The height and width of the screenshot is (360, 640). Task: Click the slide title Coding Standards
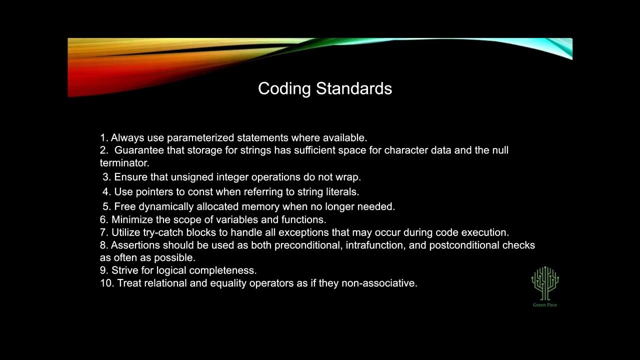coord(324,88)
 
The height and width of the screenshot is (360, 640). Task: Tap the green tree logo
coord(545,282)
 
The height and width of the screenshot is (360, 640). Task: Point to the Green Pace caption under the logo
coord(544,304)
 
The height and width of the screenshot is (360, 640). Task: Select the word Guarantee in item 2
coord(139,150)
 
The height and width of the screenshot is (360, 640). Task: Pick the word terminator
coord(124,163)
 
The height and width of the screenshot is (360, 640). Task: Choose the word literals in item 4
coord(341,191)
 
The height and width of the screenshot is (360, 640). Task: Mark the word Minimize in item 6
coord(132,219)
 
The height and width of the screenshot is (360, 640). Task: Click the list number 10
coord(106,283)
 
